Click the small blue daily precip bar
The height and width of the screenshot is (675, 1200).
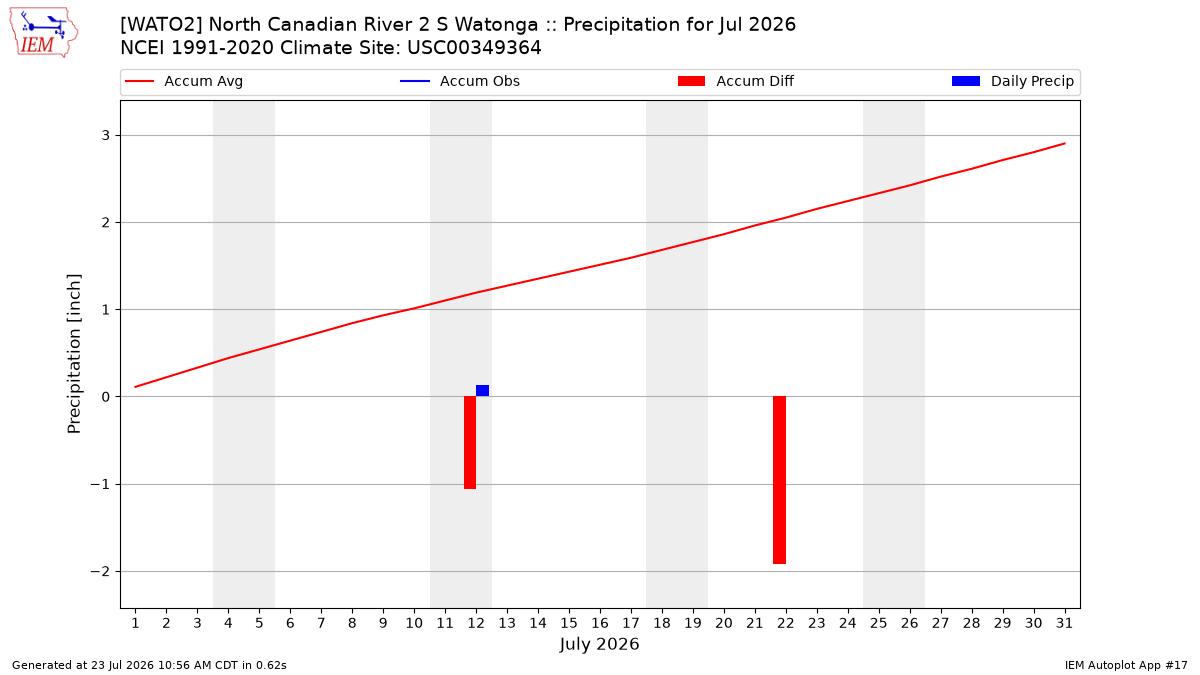coord(482,391)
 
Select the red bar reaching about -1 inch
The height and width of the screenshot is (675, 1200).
coord(470,442)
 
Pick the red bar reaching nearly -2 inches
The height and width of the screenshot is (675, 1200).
coord(779,480)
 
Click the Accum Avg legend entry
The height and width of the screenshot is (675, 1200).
coord(184,81)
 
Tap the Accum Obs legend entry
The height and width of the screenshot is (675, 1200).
coord(460,81)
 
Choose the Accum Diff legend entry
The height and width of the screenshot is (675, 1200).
coord(736,81)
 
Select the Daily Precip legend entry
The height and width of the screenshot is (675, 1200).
coord(1012,81)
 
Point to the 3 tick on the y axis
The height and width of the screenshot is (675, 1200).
coord(106,136)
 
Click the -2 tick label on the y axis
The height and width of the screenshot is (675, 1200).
coord(100,572)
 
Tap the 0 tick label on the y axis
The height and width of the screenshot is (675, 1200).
coord(106,397)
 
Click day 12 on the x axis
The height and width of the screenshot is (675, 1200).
coord(476,623)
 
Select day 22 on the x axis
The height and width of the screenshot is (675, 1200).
coord(785,623)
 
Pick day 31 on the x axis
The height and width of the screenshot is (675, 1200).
coord(1064,623)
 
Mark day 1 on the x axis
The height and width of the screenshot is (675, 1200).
coord(135,623)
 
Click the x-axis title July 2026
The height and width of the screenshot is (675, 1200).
coord(599,644)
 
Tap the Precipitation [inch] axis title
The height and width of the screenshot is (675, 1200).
coord(74,354)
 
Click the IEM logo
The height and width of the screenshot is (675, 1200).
coord(43,33)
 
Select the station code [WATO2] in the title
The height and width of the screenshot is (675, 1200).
coord(161,25)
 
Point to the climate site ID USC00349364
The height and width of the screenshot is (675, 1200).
coord(474,48)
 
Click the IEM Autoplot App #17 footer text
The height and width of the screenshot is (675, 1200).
coord(1126,665)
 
